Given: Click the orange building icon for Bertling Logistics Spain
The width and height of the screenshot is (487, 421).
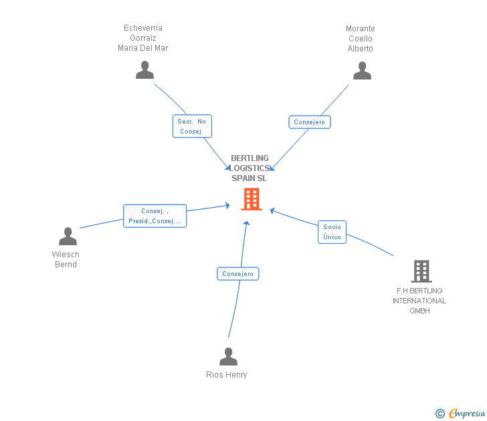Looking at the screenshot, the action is coord(252,199).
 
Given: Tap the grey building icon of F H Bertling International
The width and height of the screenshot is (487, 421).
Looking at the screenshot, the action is coord(421,271).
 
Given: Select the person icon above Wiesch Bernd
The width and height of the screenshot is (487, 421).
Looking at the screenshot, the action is coord(68,237).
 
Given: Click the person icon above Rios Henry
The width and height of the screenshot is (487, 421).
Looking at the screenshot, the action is coord(228,356).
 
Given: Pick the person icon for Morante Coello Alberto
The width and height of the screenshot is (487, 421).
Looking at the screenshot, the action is coord(362,70).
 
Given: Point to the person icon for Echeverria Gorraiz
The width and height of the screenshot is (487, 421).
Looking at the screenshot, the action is coord(144,69).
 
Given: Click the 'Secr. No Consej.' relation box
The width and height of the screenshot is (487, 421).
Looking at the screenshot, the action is coord(192,126).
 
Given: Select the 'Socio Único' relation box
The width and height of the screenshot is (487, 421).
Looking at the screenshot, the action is coord(332,232).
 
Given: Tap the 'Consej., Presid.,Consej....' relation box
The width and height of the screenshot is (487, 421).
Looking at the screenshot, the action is coord(155,216).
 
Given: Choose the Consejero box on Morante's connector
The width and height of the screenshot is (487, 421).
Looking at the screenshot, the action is coord(309,122).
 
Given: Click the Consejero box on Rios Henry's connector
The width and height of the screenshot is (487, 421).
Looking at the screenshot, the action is coord(238,273).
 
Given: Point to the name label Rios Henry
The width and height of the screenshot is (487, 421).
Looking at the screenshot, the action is coord(227,375).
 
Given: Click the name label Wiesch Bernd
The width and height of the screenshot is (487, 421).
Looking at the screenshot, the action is coord(66,259).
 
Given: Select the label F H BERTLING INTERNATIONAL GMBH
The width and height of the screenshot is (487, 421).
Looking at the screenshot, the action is coord(419,301).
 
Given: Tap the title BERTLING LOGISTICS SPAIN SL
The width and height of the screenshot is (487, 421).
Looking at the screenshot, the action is coord(250,168).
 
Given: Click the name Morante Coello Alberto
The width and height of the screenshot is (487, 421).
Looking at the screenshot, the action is coord(361,39).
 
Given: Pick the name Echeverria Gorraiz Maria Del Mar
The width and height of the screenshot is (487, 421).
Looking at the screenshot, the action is coord(143,38).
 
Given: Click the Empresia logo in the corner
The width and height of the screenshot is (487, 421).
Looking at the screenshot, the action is coord(460,413).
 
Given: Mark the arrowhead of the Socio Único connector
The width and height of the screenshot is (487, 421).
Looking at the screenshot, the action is coord(272,211).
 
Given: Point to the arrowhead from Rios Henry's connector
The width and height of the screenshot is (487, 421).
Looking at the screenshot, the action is coord(247,223).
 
